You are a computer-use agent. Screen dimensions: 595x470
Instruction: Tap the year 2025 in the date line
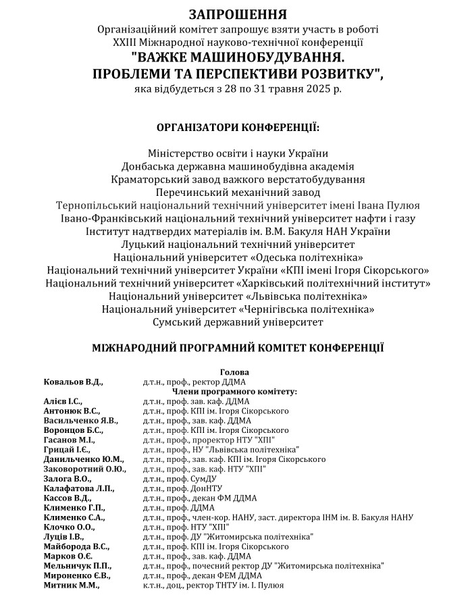(x=325, y=88)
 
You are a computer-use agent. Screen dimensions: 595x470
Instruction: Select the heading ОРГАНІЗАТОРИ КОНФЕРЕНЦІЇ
(x=238, y=127)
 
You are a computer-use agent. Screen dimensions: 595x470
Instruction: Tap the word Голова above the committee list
(x=234, y=372)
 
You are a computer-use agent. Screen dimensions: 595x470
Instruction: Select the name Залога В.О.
(x=66, y=478)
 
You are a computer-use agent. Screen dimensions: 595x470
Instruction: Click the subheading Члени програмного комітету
(x=234, y=391)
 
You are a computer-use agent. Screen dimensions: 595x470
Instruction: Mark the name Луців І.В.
(x=63, y=536)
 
